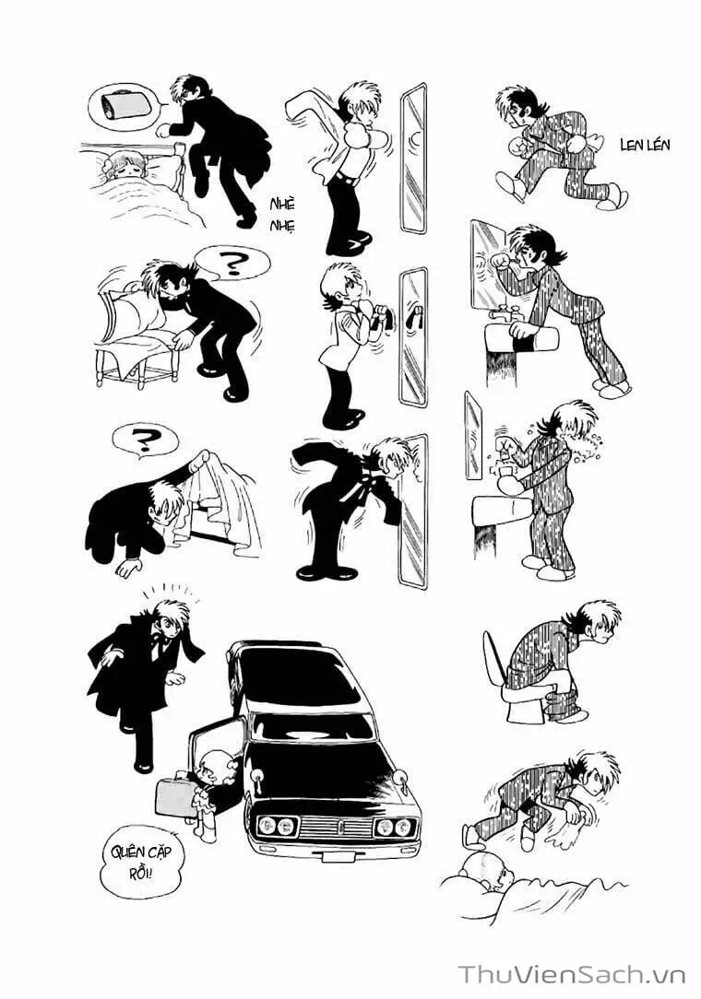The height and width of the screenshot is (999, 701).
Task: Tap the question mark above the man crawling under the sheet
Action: point(144,441)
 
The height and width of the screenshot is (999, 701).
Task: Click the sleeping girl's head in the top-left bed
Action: point(122,165)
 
